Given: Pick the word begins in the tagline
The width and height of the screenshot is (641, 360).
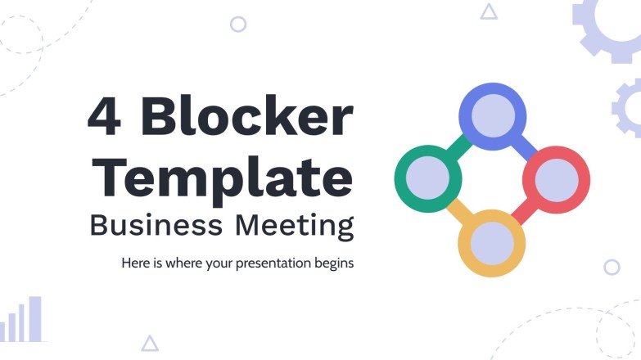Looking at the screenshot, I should click(x=332, y=264).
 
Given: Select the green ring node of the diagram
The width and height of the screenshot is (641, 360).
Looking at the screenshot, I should click(x=427, y=177).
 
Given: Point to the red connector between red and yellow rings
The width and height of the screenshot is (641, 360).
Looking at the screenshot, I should click(x=524, y=211).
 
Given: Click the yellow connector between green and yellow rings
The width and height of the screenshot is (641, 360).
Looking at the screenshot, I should click(x=457, y=210).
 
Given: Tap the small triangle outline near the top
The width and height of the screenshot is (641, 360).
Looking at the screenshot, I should click(x=489, y=11).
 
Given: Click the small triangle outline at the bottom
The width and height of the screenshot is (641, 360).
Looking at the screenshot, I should click(x=150, y=344).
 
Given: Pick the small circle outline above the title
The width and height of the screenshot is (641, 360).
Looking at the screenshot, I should click(x=238, y=25).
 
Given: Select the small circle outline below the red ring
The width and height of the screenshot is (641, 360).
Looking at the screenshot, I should click(x=612, y=267).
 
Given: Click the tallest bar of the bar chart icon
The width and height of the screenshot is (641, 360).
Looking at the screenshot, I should click(x=35, y=318).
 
